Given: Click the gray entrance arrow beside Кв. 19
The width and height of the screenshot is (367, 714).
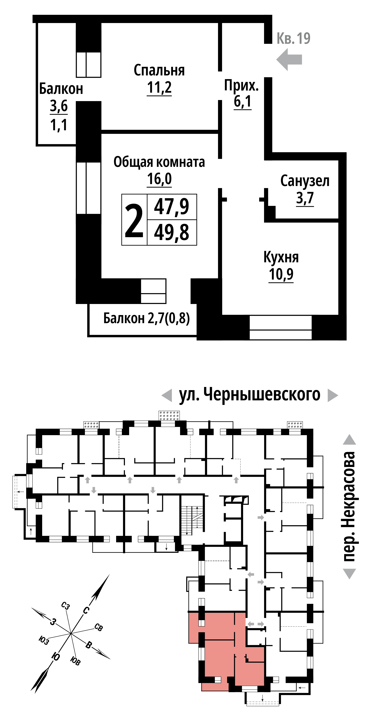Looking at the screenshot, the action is click(289, 59).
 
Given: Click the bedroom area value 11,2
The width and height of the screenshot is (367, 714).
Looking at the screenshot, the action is click(159, 87).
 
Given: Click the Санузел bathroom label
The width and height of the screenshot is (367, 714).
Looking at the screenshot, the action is click(305, 181).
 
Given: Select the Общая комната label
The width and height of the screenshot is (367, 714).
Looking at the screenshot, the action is click(159, 162).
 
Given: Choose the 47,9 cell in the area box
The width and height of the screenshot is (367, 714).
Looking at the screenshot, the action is click(172, 207).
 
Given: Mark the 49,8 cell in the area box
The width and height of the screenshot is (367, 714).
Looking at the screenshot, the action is click(172, 232).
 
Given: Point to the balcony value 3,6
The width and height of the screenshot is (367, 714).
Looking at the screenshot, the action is click(59, 106).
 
